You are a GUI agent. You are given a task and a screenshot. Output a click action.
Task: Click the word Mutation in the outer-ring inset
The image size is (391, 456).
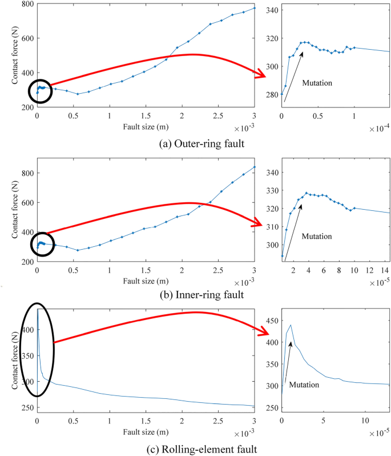point(317,83)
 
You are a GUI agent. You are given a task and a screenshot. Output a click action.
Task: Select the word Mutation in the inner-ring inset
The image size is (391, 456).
point(317,236)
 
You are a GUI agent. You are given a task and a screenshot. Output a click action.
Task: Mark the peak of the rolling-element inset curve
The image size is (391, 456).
point(291,325)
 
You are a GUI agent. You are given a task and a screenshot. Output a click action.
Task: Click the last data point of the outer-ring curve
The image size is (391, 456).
point(255,8)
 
